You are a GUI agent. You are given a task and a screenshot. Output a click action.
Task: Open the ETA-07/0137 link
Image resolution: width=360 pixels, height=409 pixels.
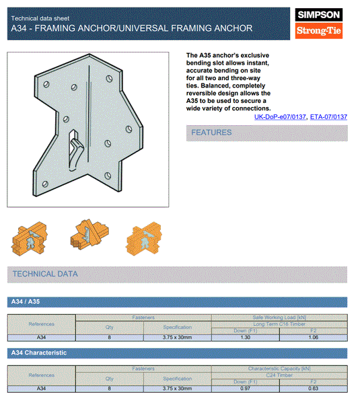(328, 117)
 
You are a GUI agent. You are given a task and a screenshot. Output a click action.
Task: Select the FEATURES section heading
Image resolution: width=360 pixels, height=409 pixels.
(211, 133)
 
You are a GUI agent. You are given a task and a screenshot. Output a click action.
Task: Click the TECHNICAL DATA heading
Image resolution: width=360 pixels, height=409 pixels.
(45, 274)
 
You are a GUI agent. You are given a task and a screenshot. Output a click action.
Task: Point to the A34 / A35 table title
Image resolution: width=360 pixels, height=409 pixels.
(26, 302)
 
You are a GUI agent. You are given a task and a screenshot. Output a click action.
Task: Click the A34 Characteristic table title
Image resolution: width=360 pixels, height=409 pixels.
(38, 352)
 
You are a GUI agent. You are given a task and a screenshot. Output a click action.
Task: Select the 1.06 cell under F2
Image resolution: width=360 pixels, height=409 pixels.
(313, 337)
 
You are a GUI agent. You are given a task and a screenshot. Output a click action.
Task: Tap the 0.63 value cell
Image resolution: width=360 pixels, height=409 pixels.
(313, 389)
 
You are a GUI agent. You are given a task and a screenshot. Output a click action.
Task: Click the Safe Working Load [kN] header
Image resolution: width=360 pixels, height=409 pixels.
(279, 317)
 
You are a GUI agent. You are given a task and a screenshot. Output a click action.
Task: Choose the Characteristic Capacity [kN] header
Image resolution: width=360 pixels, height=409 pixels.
(279, 369)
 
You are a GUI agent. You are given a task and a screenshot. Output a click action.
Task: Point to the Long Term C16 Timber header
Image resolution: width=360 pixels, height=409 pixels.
(279, 324)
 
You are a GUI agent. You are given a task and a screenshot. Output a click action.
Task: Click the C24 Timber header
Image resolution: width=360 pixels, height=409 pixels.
(279, 375)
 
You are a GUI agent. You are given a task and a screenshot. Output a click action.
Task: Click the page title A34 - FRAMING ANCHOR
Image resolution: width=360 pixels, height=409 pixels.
(132, 28)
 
